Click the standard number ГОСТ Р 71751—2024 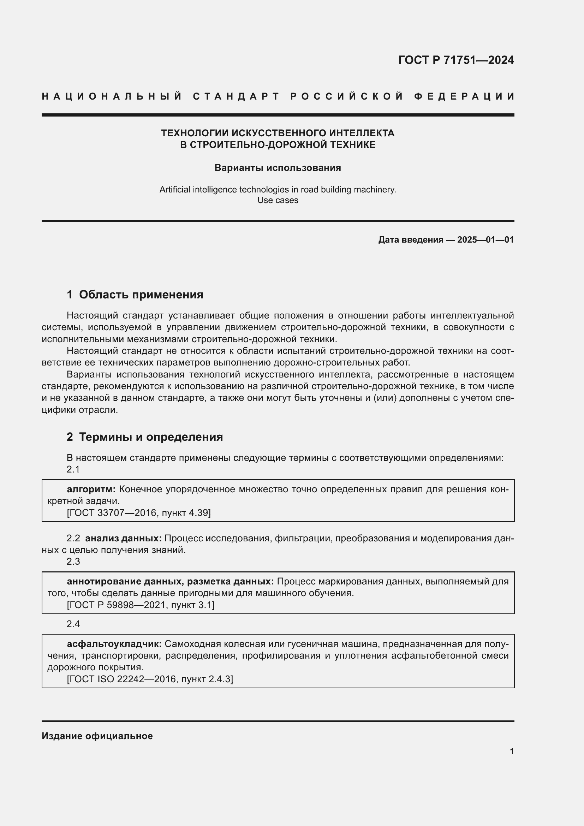455,60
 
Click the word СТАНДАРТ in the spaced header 236,96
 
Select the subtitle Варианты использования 278,168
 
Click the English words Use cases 278,200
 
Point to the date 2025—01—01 485,239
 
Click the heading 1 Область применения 135,295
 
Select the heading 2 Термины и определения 144,437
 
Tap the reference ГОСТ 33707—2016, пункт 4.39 139,513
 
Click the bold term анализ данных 123,538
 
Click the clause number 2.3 73,561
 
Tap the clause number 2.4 73,624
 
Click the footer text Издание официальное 97,736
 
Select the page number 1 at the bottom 511,751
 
